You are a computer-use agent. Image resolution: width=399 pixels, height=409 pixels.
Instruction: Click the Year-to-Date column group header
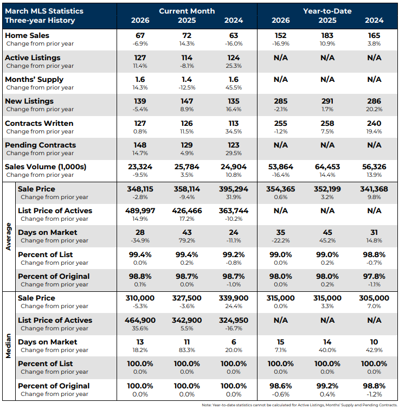(x=327, y=11)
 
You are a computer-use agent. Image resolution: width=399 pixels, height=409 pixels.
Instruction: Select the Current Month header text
(x=186, y=11)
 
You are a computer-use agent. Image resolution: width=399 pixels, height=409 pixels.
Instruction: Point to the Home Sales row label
(x=27, y=35)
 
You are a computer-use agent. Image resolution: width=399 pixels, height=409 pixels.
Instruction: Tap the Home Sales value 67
(x=140, y=35)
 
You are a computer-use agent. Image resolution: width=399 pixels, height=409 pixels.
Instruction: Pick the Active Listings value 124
(x=234, y=57)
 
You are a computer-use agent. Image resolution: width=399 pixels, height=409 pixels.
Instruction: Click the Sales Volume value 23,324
(x=140, y=167)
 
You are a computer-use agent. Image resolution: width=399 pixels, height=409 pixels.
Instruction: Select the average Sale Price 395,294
(x=234, y=188)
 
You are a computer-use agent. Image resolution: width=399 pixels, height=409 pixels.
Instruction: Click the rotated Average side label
(x=8, y=236)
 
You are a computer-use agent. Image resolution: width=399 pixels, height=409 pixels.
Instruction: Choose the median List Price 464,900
(x=140, y=320)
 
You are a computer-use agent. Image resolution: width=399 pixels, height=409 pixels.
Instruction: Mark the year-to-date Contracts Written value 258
(x=327, y=123)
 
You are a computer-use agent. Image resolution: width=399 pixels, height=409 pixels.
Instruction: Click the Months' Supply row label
(x=34, y=79)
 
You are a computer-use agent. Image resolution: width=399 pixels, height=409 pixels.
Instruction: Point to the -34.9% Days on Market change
(x=140, y=240)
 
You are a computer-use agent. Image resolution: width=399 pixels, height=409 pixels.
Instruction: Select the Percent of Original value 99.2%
(x=327, y=386)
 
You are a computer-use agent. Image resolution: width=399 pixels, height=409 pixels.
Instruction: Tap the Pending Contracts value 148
(x=140, y=145)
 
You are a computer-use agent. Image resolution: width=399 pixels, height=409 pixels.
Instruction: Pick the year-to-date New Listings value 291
(x=327, y=101)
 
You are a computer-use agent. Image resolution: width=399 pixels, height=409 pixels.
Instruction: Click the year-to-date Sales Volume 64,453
(x=327, y=167)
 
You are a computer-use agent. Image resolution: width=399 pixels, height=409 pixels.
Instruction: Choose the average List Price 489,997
(x=140, y=210)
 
